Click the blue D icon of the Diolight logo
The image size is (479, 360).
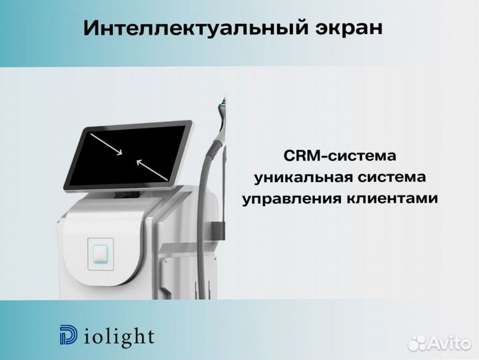[68, 336]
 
